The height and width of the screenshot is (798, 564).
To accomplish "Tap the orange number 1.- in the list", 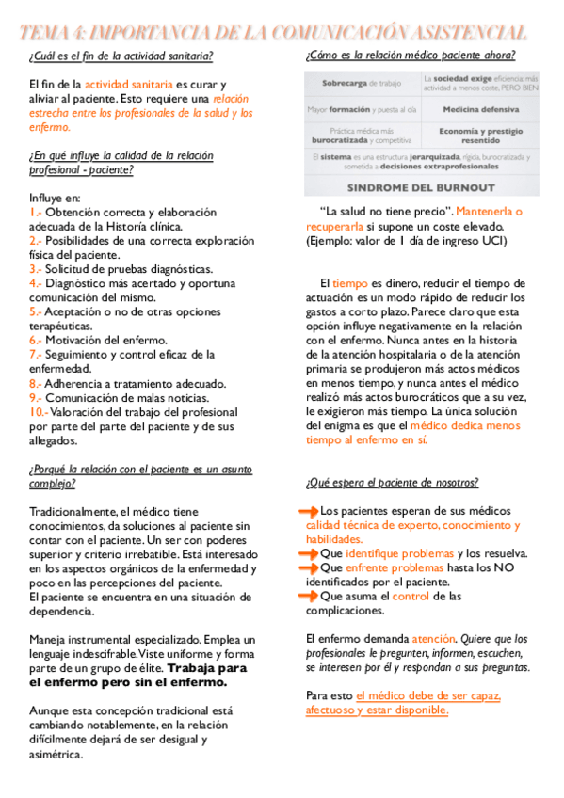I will pos(36,213).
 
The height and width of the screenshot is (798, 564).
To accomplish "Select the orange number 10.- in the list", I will pos(39,411).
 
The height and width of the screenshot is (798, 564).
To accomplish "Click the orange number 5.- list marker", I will pos(36,311).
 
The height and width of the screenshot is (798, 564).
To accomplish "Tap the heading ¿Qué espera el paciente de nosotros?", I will pos(392,483).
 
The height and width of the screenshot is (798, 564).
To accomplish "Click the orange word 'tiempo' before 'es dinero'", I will pos(349,283).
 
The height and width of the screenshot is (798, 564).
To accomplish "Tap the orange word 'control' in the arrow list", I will pos(411,597).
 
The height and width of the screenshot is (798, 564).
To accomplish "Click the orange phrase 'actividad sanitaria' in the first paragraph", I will pos(121,85).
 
